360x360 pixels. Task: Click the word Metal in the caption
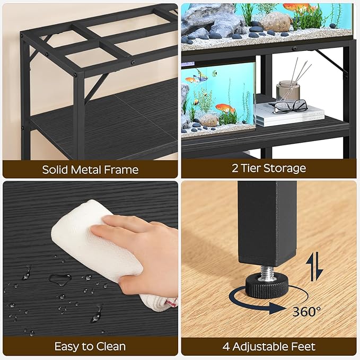[x=92, y=170]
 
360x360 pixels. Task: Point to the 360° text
[x=306, y=311]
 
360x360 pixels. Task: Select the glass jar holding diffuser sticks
[x=288, y=90]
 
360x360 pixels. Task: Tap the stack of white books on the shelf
[x=289, y=115]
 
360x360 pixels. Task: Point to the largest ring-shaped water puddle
[x=59, y=278]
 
